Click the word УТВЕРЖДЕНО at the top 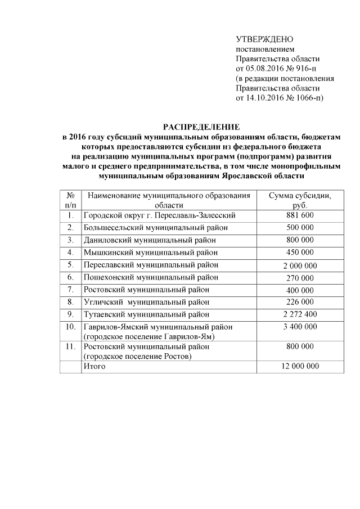[264, 39]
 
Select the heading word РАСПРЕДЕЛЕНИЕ [201, 127]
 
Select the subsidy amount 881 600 [299, 215]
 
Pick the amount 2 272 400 [299, 314]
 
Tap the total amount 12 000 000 [299, 366]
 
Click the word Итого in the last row [94, 366]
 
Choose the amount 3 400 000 [299, 327]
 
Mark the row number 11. [70, 347]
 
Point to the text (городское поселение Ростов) [137, 356]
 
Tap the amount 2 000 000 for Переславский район [299, 265]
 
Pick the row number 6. [70, 277]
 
